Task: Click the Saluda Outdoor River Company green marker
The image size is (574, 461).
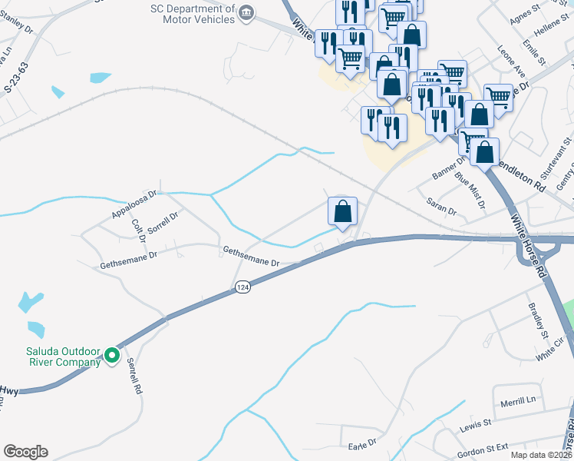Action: tap(112, 355)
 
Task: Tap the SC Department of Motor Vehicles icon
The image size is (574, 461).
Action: tap(246, 11)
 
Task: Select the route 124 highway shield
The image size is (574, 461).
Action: tap(242, 287)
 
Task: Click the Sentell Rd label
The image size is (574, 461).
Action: tap(135, 377)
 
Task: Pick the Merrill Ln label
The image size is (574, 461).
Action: tap(519, 401)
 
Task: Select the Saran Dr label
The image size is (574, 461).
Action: tap(442, 206)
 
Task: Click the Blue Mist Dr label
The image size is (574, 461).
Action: tap(470, 191)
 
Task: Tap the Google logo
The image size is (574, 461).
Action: tap(25, 452)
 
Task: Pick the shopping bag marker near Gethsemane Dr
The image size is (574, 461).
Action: tap(343, 211)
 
